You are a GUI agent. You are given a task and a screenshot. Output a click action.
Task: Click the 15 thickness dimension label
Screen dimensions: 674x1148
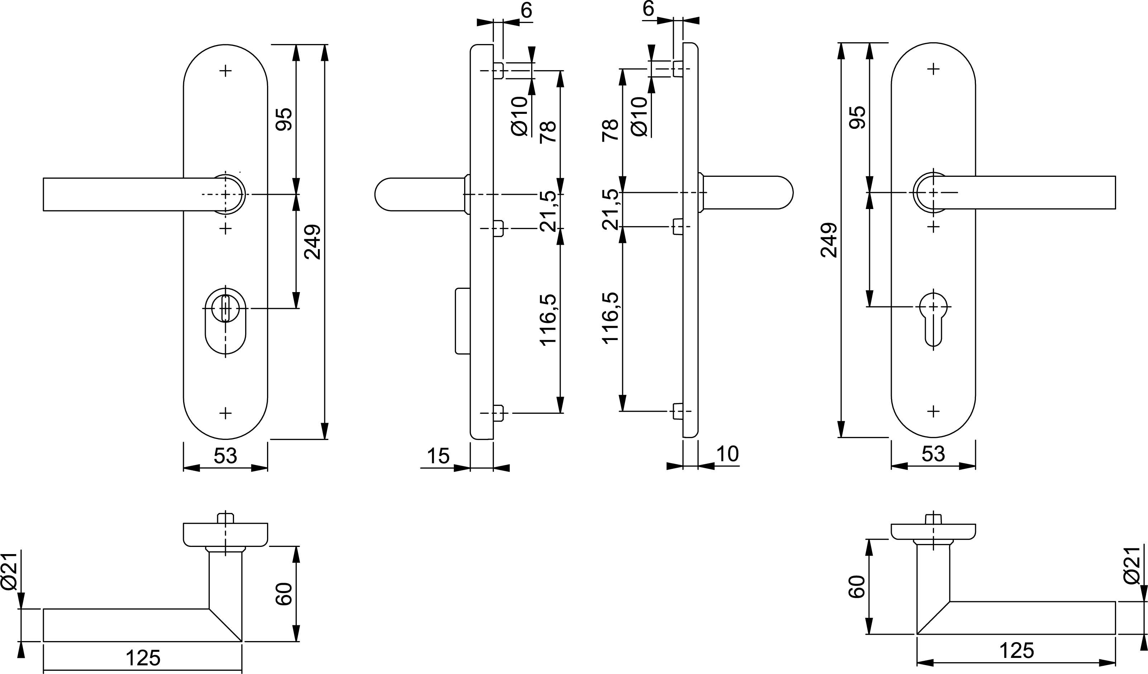pyautogui.click(x=438, y=456)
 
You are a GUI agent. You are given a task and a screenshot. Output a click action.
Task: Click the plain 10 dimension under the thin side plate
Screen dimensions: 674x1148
pyautogui.click(x=728, y=454)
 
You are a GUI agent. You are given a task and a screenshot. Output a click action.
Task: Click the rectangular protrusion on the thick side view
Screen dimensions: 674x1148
pyautogui.click(x=463, y=321)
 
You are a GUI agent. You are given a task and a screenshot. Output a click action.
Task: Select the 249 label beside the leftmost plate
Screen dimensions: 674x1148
pyautogui.click(x=313, y=242)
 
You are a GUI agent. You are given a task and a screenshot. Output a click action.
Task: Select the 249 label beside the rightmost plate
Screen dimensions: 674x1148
pyautogui.click(x=829, y=240)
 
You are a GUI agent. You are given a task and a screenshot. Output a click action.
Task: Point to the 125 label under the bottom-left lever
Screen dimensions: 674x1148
pyautogui.click(x=143, y=658)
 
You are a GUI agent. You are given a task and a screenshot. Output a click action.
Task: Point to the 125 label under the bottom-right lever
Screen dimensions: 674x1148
pyautogui.click(x=1017, y=651)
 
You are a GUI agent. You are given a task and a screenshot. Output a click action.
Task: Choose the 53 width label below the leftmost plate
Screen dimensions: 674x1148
pyautogui.click(x=225, y=456)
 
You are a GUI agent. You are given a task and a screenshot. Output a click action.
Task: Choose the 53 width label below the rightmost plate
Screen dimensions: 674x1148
pyautogui.click(x=933, y=454)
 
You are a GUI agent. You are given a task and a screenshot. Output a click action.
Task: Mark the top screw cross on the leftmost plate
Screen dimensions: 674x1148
pyautogui.click(x=225, y=71)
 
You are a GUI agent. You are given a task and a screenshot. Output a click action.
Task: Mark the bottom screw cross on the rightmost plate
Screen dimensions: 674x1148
pyautogui.click(x=933, y=411)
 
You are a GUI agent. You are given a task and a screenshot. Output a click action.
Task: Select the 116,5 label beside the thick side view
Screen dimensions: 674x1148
pyautogui.click(x=548, y=320)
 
